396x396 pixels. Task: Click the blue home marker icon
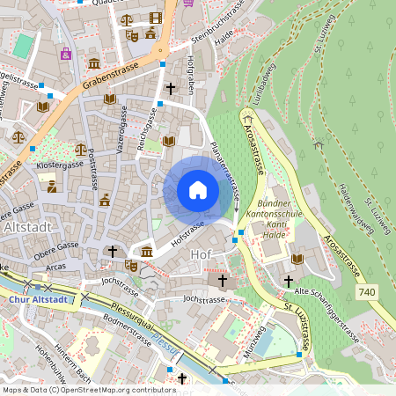[198, 190]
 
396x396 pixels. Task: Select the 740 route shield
[369, 290]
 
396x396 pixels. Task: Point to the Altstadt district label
[27, 226]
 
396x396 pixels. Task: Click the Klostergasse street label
[59, 165]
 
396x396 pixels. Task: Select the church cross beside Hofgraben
[171, 88]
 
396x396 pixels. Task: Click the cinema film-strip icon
[156, 18]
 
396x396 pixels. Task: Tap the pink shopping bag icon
[65, 53]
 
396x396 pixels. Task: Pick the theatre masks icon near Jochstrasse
[130, 265]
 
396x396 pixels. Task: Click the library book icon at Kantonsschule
[297, 259]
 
